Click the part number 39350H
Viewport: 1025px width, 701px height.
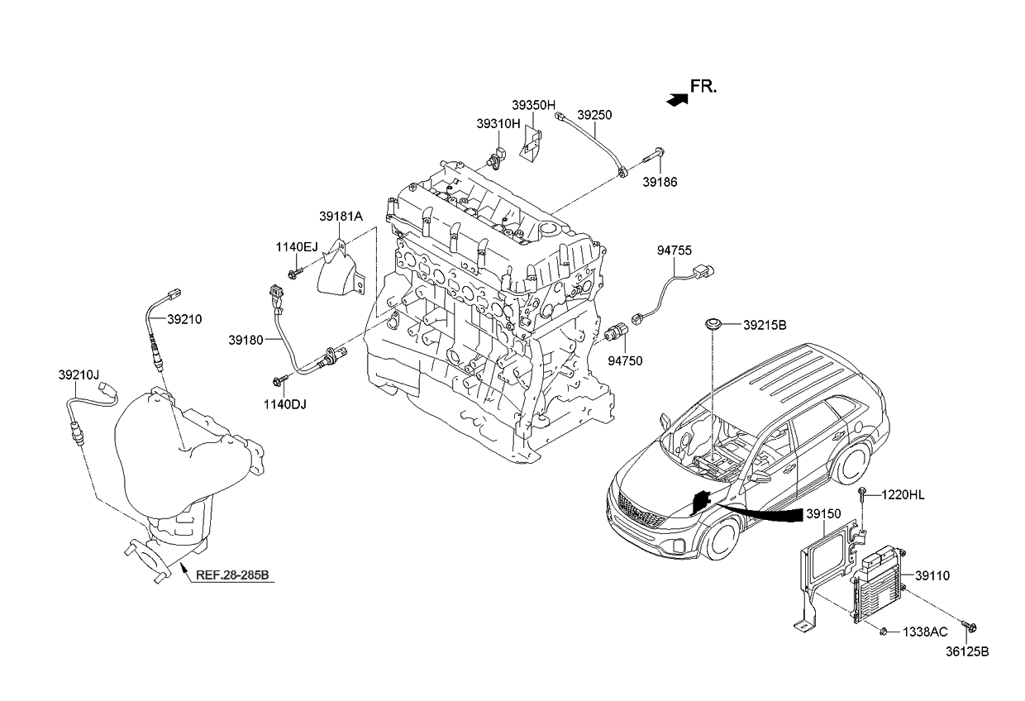533,106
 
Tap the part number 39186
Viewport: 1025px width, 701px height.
660,182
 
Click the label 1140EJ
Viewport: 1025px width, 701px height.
296,247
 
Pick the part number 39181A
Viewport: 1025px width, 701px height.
341,217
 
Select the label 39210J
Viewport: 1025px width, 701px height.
79,374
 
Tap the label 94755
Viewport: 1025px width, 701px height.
675,249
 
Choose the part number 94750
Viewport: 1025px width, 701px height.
625,360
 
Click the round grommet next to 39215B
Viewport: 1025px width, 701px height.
711,322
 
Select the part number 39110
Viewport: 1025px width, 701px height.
932,575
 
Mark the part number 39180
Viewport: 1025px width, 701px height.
246,340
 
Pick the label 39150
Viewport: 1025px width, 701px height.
822,514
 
